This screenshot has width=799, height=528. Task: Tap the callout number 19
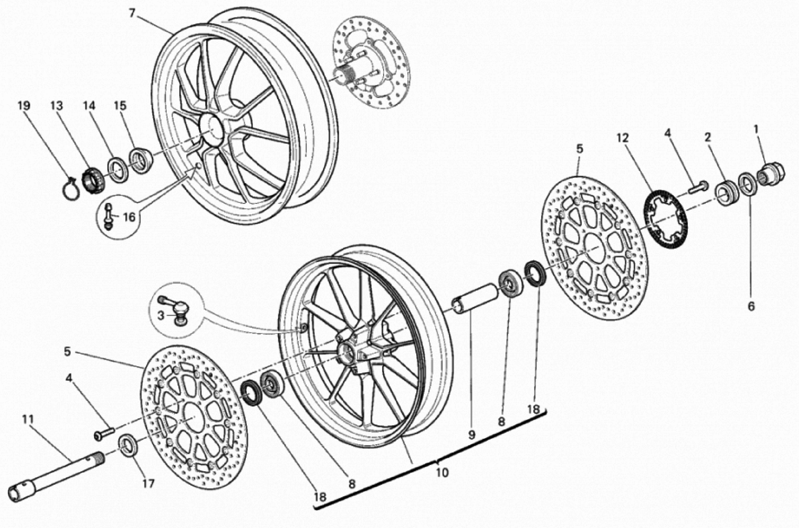click(24, 106)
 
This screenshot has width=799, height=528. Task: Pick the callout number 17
click(148, 484)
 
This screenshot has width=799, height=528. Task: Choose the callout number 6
click(751, 306)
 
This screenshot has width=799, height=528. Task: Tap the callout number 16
click(129, 217)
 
